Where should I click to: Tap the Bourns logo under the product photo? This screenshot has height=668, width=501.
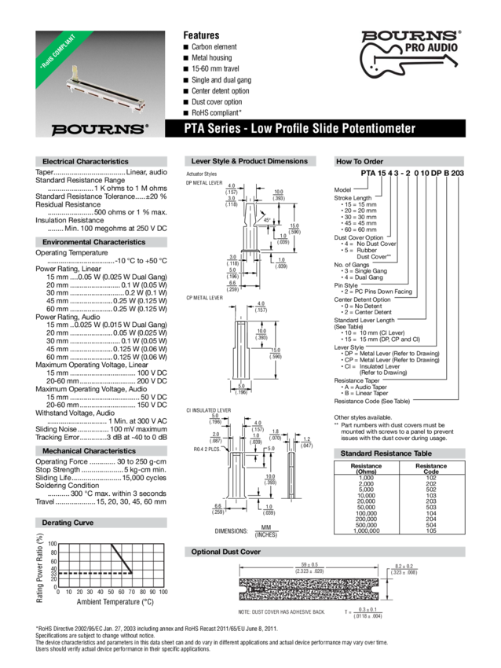pos(99,127)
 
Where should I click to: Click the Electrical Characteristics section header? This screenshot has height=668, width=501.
pos(86,161)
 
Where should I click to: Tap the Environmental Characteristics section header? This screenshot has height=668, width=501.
pos(93,243)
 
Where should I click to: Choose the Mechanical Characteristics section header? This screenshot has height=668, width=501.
pos(89,452)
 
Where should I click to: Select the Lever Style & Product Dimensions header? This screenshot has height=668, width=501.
pos(250,161)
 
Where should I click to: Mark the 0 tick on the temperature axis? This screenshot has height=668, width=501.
pos(59,590)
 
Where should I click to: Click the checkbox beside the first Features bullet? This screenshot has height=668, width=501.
pos(187,48)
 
